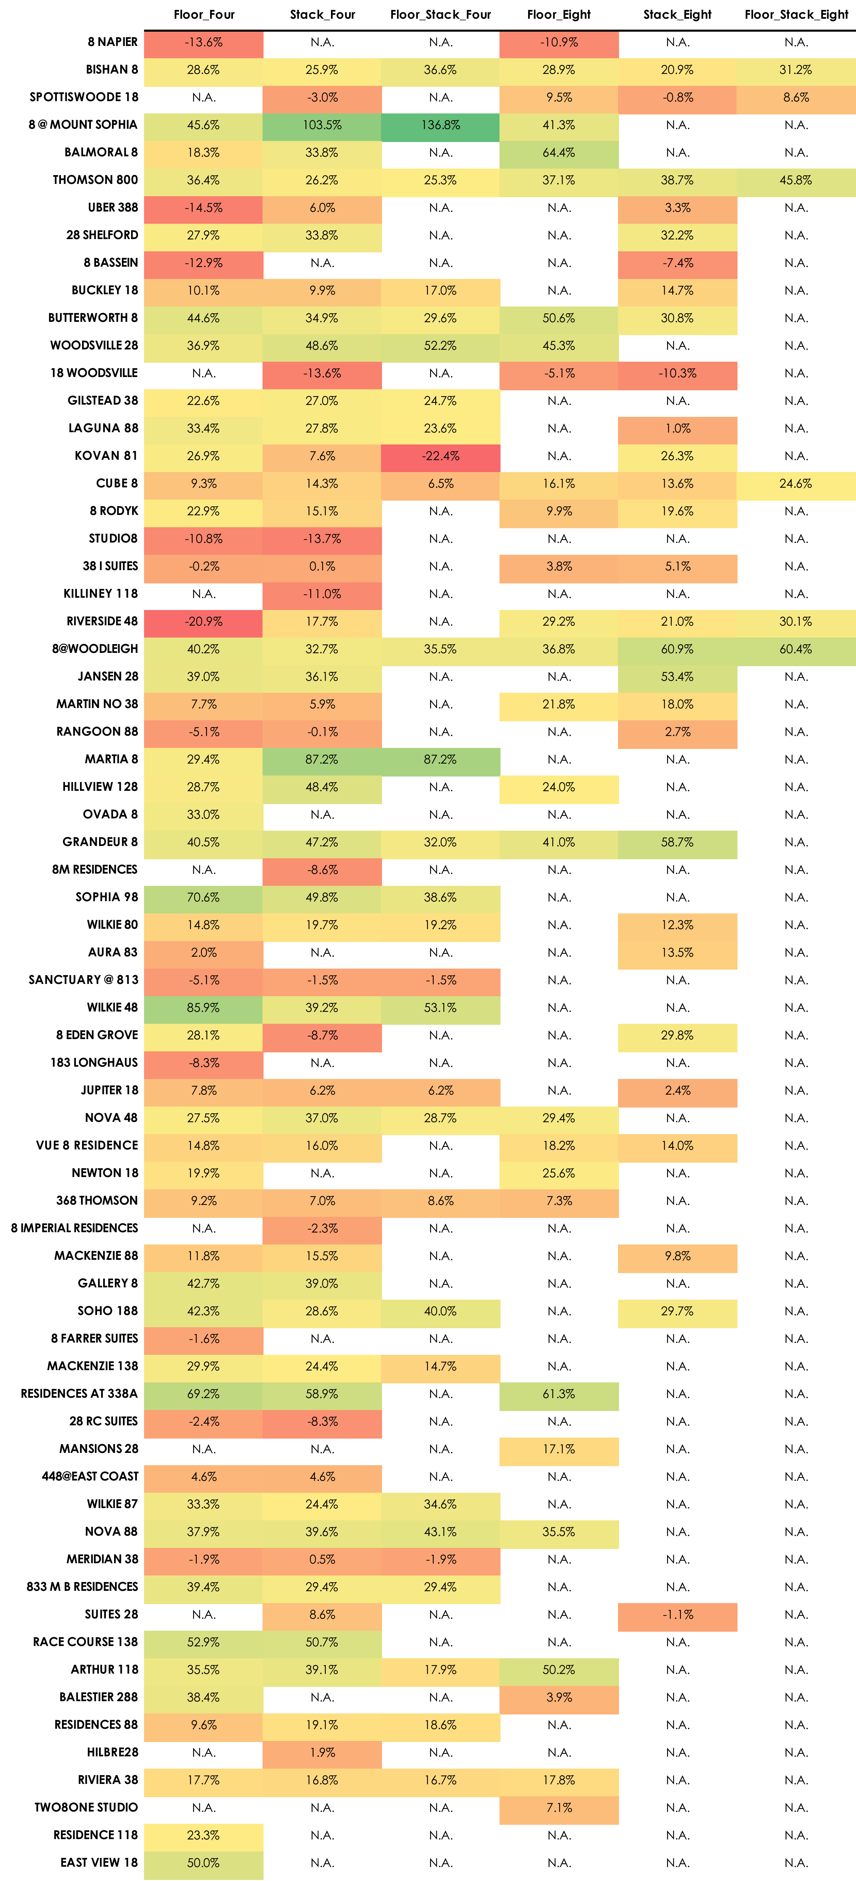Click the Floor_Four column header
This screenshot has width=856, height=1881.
tap(204, 15)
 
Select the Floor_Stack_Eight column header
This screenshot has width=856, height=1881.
tap(796, 15)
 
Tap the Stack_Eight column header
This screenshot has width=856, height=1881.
tap(677, 15)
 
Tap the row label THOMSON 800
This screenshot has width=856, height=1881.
tap(95, 179)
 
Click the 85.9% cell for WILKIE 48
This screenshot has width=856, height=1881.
tap(204, 1008)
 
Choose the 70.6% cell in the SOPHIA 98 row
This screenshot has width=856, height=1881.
tap(204, 897)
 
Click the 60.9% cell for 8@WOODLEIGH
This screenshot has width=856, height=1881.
tap(677, 649)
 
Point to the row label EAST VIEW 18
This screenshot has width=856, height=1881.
tap(99, 1862)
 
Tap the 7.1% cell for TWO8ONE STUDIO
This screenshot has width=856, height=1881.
tap(559, 1807)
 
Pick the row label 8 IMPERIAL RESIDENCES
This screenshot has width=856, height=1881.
tap(75, 1228)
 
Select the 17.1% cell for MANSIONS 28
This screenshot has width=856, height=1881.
tap(559, 1449)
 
